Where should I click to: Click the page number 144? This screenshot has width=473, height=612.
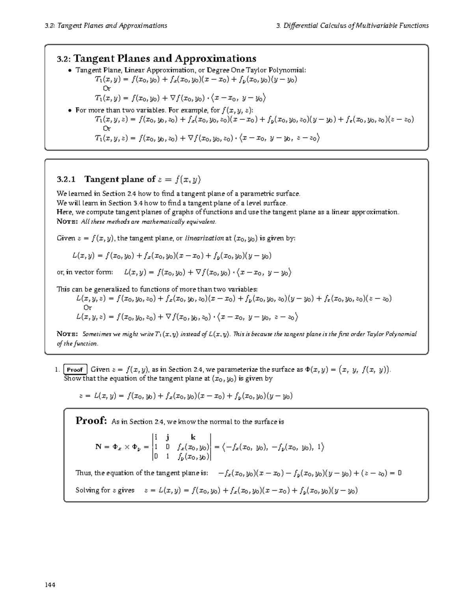point(50,585)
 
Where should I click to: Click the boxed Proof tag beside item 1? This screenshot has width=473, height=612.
point(75,370)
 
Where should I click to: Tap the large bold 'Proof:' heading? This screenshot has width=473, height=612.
point(91,420)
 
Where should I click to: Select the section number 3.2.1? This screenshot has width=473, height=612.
point(66,179)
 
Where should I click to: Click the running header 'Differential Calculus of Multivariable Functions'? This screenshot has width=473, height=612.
point(356,26)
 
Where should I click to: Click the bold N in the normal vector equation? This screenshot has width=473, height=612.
point(99,446)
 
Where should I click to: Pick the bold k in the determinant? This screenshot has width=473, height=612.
point(193,437)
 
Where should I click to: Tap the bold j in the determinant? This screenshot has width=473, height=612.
point(168,437)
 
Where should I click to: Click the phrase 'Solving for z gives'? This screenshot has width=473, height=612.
point(105,490)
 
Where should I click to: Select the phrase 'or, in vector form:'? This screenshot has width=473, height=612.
point(85,272)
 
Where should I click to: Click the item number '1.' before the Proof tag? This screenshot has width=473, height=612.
point(58,370)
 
